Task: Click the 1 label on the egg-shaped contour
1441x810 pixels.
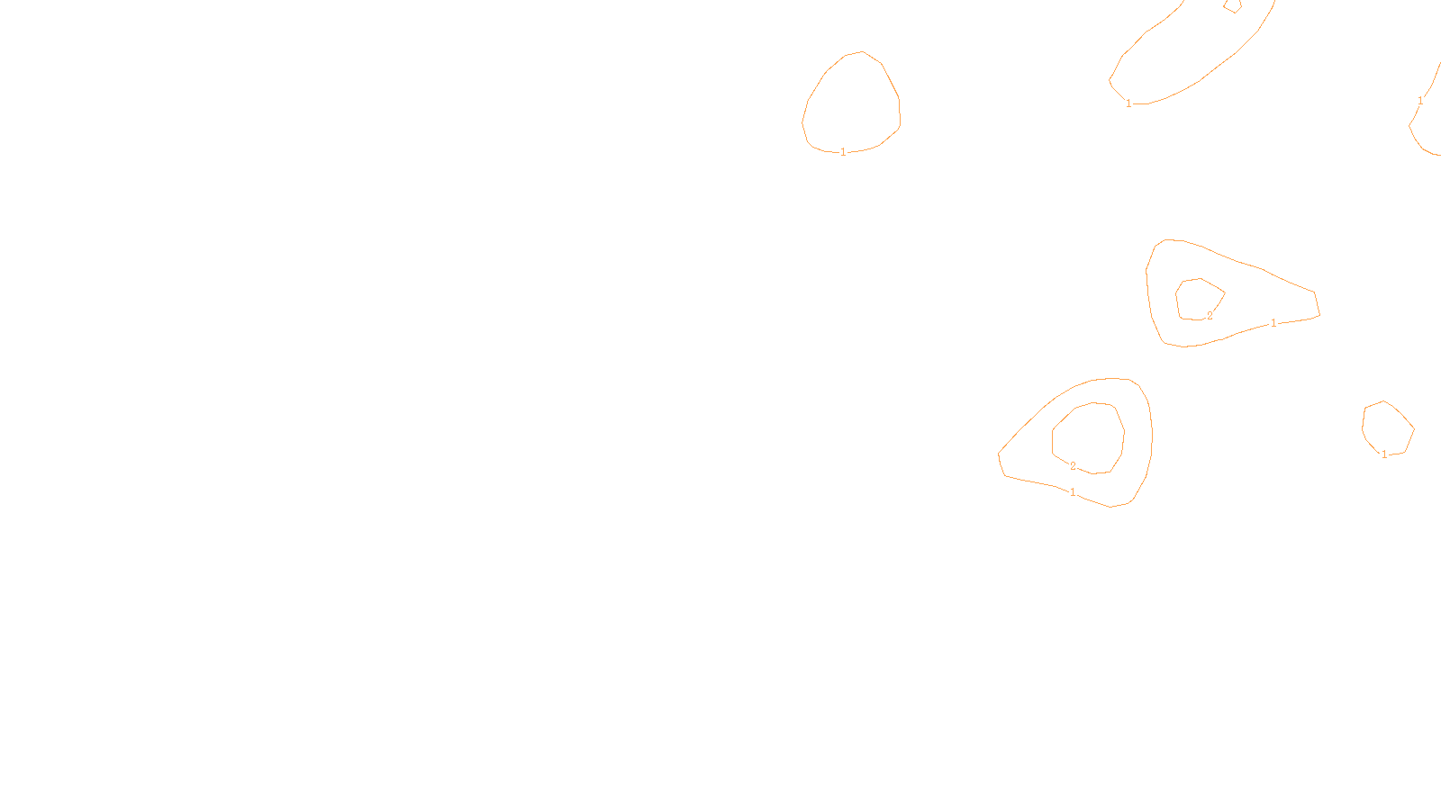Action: [843, 152]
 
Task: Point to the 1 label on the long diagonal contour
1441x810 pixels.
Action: [1128, 103]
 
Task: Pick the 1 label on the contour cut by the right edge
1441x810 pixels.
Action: [1420, 101]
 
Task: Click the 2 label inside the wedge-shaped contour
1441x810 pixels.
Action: [1210, 316]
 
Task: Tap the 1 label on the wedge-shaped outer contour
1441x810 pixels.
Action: [1273, 323]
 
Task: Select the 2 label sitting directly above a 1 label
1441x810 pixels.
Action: [1073, 466]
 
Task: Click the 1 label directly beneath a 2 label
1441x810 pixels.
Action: [1073, 492]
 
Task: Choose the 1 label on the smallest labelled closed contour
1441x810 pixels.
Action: [1384, 454]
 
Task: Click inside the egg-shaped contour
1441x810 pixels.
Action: [851, 103]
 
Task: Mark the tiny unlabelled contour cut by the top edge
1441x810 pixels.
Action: [1232, 5]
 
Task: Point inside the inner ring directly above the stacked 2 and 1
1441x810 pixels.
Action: [1088, 436]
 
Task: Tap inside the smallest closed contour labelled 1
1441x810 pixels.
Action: [1387, 427]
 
